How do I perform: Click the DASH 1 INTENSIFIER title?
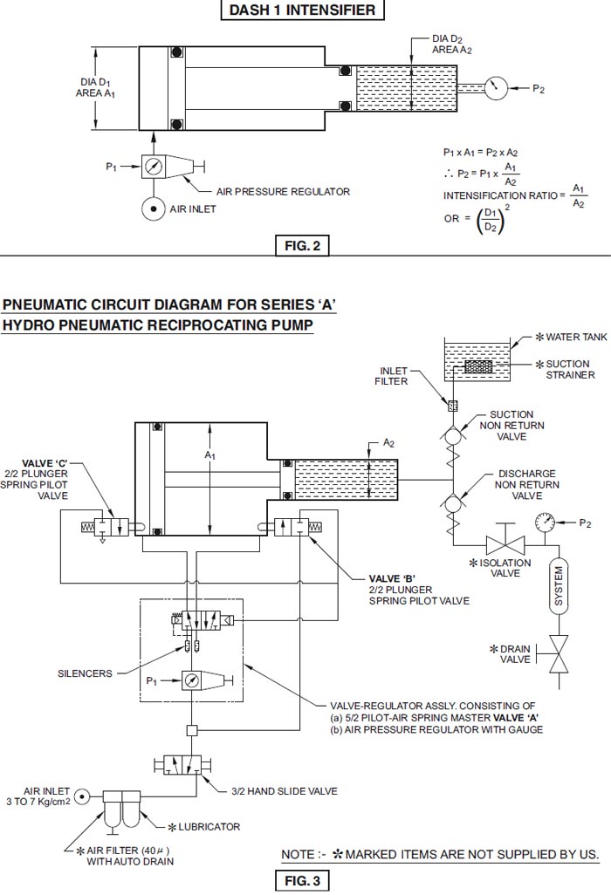point(302,10)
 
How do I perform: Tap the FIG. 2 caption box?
point(302,246)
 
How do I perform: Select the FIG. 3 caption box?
point(302,881)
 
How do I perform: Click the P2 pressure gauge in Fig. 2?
point(497,88)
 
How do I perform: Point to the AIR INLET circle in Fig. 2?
point(154,209)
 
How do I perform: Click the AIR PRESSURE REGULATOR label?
point(283,191)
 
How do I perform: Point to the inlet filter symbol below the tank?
point(452,406)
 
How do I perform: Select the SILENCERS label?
point(85,673)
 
